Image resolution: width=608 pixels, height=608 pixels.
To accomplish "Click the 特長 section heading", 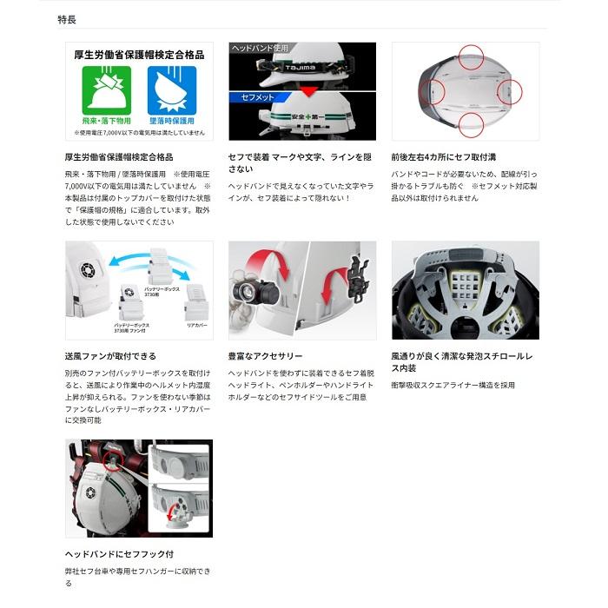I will tap(67, 18).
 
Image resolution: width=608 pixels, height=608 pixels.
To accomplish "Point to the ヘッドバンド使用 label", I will tap(259, 49).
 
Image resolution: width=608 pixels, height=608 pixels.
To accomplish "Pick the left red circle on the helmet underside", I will tap(431, 90).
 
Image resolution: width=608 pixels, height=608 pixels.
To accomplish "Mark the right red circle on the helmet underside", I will tap(509, 90).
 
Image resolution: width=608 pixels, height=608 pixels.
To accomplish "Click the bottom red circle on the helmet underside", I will tap(470, 123).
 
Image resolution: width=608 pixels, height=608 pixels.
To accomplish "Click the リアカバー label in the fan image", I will tap(195, 324).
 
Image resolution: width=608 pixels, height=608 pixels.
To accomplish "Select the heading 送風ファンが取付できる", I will tap(110, 356).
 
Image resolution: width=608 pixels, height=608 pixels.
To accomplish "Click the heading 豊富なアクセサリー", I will tap(266, 356).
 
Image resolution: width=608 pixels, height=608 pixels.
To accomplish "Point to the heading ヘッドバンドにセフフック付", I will tap(119, 553).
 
